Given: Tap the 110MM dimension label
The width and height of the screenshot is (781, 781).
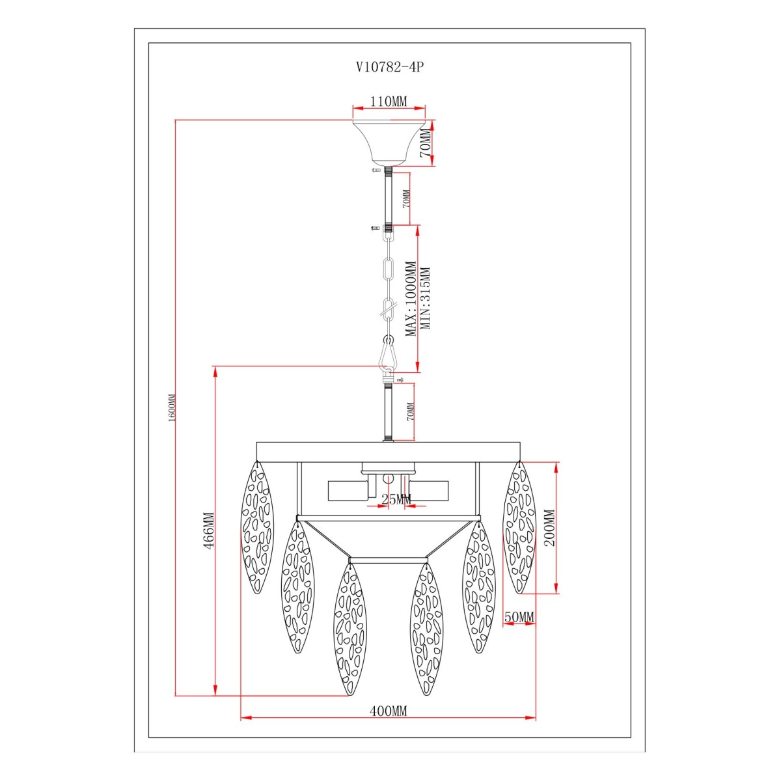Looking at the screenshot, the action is click(389, 101).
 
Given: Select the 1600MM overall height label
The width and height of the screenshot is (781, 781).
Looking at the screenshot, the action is click(171, 408).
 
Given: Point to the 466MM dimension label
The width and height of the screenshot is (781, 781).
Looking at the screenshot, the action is click(208, 531).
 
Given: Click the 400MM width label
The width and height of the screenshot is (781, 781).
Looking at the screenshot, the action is click(389, 711).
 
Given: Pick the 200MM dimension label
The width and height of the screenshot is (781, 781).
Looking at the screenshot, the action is click(549, 528).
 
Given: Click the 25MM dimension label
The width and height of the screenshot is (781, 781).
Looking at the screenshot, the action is click(396, 499).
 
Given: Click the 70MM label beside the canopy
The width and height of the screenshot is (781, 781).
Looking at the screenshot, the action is click(426, 143).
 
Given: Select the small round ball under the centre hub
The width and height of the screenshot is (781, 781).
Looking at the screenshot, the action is click(389, 478).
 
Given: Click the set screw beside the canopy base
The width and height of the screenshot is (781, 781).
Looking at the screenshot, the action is click(376, 171).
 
